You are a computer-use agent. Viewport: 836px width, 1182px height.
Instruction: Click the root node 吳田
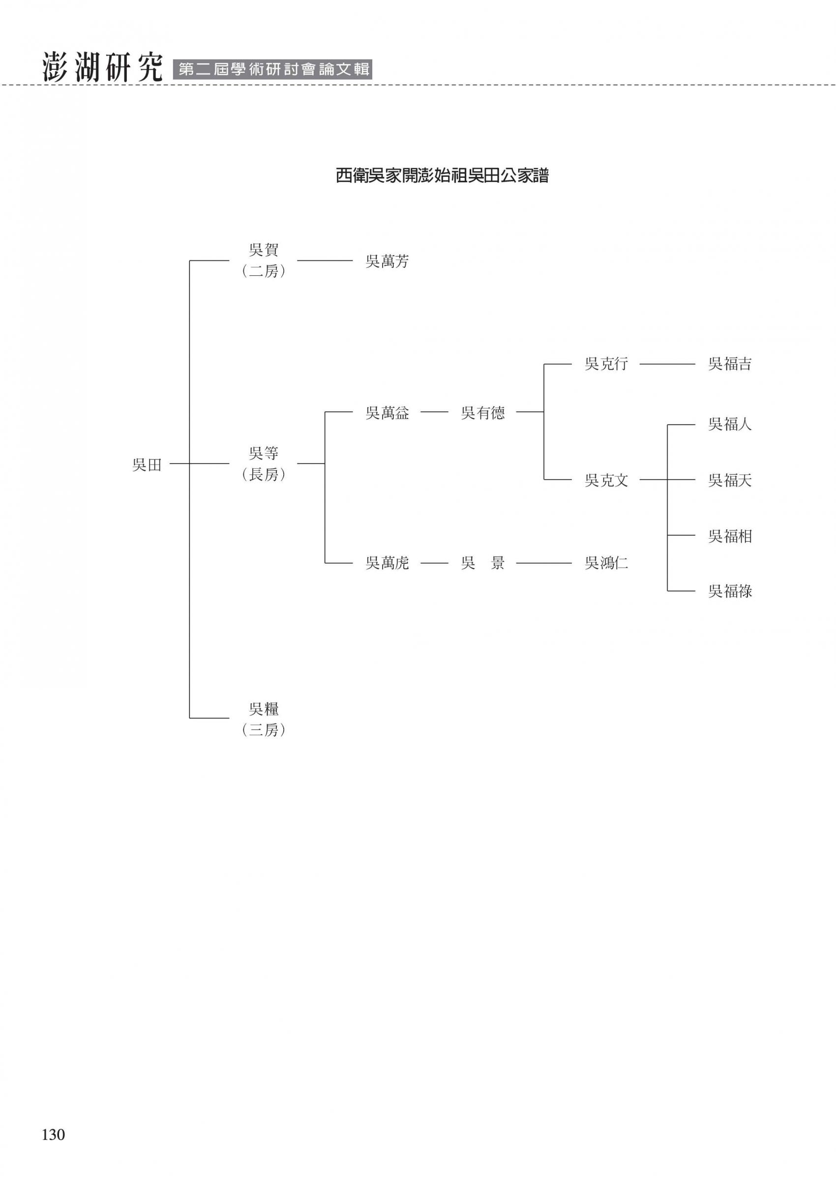[x=148, y=465]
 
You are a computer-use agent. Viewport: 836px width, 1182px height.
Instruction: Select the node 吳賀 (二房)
[x=263, y=260]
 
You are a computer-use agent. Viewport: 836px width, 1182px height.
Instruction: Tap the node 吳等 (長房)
[x=263, y=464]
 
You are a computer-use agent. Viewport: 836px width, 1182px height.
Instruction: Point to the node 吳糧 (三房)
[x=263, y=719]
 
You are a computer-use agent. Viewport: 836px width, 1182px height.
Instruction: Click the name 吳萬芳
[x=387, y=261]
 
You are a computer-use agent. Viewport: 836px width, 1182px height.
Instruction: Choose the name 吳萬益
[x=387, y=413]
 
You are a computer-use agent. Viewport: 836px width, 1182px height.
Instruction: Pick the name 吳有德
[x=482, y=413]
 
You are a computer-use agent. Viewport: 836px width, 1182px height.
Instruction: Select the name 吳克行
[x=606, y=364]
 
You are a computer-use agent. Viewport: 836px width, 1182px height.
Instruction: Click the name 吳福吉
[x=730, y=364]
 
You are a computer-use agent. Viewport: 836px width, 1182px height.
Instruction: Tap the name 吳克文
[x=606, y=480]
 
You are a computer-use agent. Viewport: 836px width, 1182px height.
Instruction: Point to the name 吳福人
[x=730, y=424]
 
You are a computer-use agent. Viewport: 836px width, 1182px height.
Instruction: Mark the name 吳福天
[x=730, y=480]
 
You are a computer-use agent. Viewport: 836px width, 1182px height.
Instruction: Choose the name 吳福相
[x=730, y=536]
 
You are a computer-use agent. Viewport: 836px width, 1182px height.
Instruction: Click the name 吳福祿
[x=730, y=591]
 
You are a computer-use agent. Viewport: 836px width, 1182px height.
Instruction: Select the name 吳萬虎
[x=387, y=563]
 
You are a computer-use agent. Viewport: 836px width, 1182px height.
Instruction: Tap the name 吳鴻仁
[x=606, y=563]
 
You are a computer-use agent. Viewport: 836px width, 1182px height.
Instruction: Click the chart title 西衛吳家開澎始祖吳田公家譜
[x=442, y=176]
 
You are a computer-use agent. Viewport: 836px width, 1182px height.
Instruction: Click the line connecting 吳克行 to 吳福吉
[x=667, y=364]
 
